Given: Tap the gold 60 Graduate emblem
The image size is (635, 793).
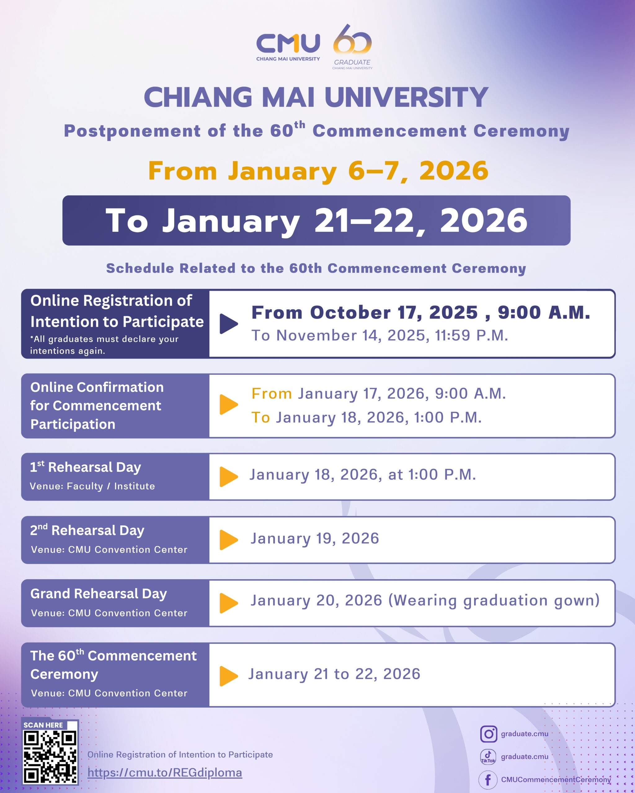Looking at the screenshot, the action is pyautogui.click(x=352, y=47).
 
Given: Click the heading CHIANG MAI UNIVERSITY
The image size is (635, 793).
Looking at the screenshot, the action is pyautogui.click(x=316, y=98).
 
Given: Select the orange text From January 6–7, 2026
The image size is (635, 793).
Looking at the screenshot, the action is pyautogui.click(x=318, y=171).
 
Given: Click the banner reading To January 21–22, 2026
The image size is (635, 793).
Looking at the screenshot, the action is pyautogui.click(x=316, y=220).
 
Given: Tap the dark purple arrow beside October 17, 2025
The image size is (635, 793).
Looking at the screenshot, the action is pyautogui.click(x=229, y=324).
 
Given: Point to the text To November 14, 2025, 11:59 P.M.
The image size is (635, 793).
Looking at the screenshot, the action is pyautogui.click(x=380, y=335).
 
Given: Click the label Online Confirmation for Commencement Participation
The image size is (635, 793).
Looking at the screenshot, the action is pyautogui.click(x=97, y=406).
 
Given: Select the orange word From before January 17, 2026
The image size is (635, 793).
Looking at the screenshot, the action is pyautogui.click(x=272, y=394).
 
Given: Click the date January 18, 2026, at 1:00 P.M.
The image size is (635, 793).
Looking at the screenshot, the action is pyautogui.click(x=362, y=475).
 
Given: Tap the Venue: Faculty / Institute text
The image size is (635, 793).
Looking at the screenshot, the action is pyautogui.click(x=92, y=486).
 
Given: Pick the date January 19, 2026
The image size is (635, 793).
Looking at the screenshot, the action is pyautogui.click(x=315, y=538).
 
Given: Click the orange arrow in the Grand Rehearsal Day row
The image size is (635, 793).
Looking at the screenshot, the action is pyautogui.click(x=229, y=603).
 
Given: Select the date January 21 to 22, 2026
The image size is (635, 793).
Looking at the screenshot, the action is pyautogui.click(x=334, y=674).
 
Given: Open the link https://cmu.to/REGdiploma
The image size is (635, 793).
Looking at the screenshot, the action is pyautogui.click(x=165, y=773).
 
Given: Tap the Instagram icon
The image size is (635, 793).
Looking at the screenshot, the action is pyautogui.click(x=488, y=734).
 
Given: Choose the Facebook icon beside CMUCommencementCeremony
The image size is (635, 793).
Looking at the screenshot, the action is pyautogui.click(x=488, y=780).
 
